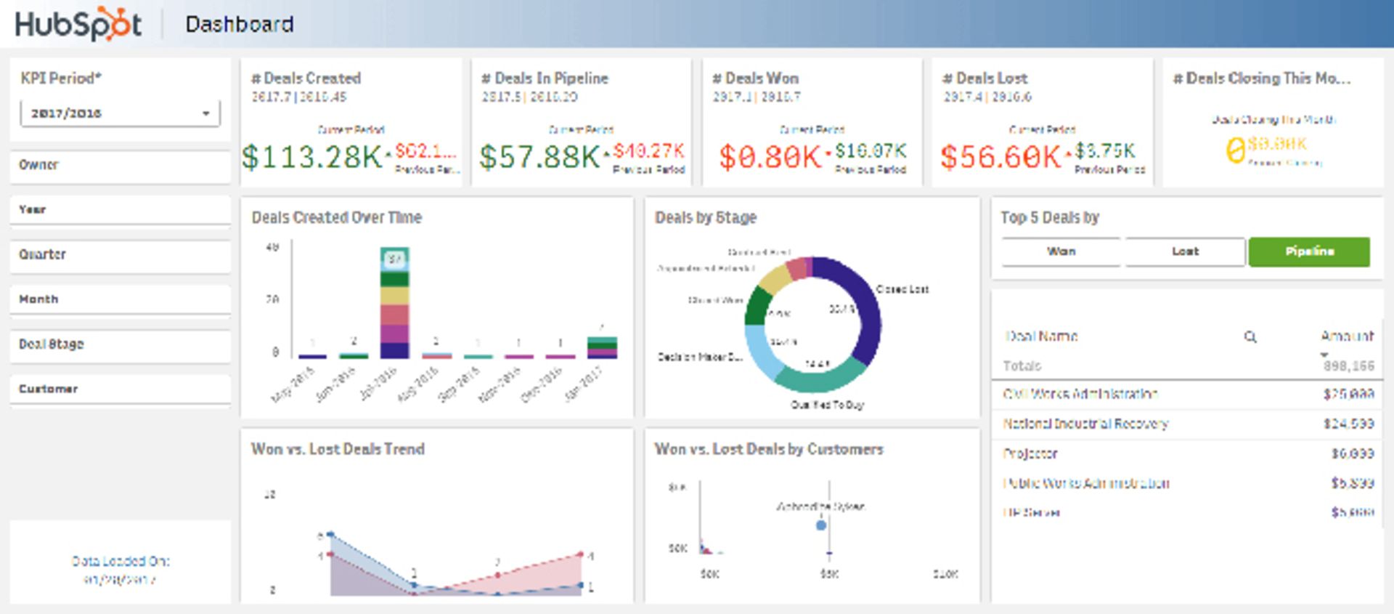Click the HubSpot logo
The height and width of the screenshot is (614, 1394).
coord(78,24)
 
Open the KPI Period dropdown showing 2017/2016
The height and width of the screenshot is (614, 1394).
coord(120,113)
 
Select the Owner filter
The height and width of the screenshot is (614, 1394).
coord(120,166)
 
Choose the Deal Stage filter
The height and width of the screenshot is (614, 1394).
coord(120,344)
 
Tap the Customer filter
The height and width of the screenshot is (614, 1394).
coord(120,389)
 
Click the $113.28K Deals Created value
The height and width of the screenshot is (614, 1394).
coord(312,156)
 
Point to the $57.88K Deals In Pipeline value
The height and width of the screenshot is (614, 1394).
coord(539,156)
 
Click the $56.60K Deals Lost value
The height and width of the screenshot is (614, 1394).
coord(1000,156)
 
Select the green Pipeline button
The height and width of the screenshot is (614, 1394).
coord(1309,251)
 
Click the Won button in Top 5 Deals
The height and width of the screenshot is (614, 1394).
coord(1061,251)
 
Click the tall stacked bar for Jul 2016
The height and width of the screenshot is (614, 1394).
coord(394,305)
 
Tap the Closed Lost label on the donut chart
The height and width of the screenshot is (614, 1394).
coord(902,289)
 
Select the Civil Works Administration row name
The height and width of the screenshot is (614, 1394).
coord(1080,394)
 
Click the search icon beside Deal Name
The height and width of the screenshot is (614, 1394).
coord(1250,336)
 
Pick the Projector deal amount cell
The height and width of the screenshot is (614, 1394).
coord(1352,453)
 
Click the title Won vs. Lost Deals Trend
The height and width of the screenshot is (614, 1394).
coord(338,449)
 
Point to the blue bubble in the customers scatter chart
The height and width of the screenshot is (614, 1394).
coord(821,525)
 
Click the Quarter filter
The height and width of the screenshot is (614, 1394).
coord(120,255)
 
